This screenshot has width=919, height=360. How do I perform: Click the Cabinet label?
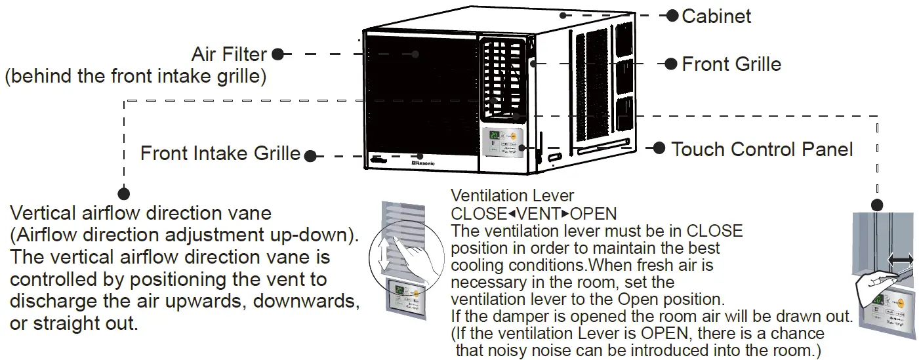(x=716, y=16)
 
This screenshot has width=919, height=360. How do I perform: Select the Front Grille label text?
(x=731, y=64)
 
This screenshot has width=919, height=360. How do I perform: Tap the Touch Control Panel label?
(x=762, y=150)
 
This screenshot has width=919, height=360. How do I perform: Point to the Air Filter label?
(x=229, y=54)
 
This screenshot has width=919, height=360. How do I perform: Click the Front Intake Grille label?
(x=220, y=154)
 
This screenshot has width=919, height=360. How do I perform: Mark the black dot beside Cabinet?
(x=672, y=16)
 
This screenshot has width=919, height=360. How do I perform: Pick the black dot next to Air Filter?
(x=277, y=54)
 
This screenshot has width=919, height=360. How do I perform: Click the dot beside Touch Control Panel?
(x=659, y=148)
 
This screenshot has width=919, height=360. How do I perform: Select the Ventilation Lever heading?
(x=512, y=195)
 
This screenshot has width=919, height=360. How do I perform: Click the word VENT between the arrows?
(x=533, y=214)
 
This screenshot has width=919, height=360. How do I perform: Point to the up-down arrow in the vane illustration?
(x=384, y=252)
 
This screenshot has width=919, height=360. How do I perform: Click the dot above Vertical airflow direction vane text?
(x=124, y=193)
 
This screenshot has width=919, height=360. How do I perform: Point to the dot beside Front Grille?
(x=670, y=64)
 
